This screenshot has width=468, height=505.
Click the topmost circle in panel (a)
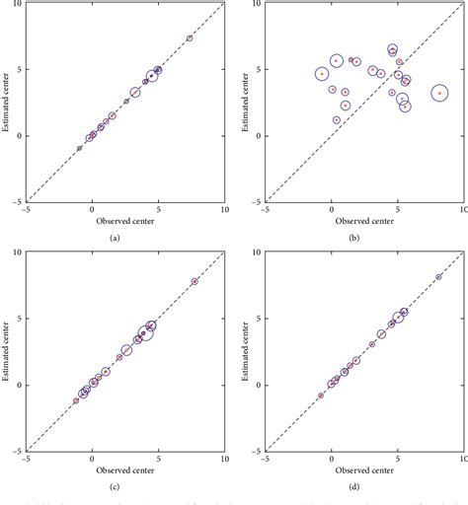click(x=190, y=38)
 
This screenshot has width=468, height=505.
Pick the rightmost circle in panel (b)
click(x=439, y=93)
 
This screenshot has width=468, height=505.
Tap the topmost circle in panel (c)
click(x=194, y=281)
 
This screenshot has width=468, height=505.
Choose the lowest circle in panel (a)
click(x=80, y=148)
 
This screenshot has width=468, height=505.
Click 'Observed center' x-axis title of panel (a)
click(x=125, y=220)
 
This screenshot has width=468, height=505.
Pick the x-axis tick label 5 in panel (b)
click(x=397, y=208)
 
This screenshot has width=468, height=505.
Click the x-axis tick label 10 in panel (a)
click(x=223, y=208)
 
